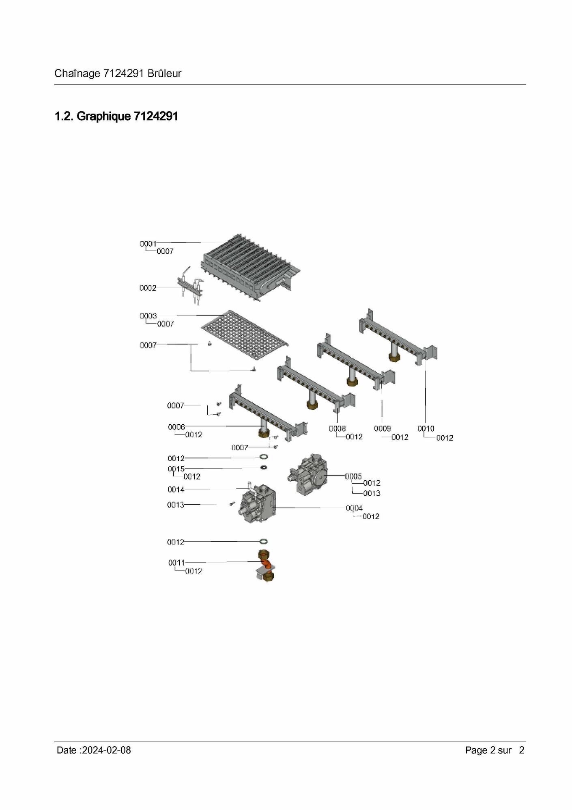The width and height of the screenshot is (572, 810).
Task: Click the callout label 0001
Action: click(x=148, y=244)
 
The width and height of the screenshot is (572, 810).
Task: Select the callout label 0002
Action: click(x=148, y=288)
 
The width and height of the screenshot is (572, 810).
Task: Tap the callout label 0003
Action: click(x=148, y=316)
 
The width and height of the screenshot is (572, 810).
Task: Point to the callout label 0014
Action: click(x=176, y=490)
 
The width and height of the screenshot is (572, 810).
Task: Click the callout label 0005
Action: click(x=353, y=476)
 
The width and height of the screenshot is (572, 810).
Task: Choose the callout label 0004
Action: click(x=354, y=508)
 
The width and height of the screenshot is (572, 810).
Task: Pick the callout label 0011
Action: click(x=176, y=563)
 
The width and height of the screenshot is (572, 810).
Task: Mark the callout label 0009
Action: click(x=383, y=429)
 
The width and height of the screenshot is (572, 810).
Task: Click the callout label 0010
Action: click(x=426, y=429)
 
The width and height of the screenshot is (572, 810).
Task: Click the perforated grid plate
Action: click(x=245, y=335)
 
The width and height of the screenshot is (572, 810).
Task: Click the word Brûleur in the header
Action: click(x=164, y=73)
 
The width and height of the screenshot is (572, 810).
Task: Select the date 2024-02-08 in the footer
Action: click(x=106, y=750)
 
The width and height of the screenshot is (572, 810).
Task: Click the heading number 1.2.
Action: click(x=64, y=117)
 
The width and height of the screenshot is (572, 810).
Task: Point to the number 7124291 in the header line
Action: click(x=123, y=73)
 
